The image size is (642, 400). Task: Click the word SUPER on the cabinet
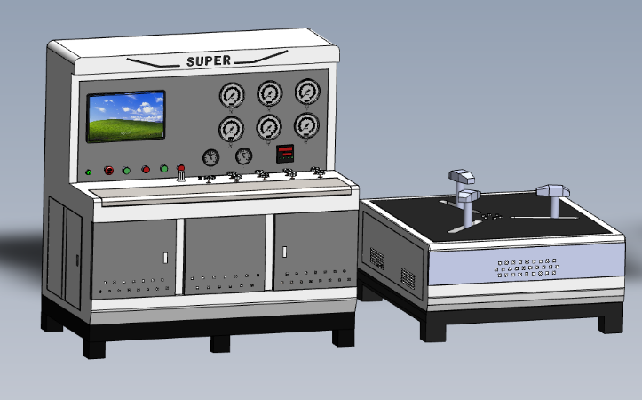pyautogui.click(x=209, y=61)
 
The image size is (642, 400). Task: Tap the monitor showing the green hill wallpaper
pyautogui.click(x=126, y=116)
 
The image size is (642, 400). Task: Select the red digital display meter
pyautogui.click(x=285, y=154)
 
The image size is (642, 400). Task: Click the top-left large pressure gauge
pyautogui.click(x=232, y=95)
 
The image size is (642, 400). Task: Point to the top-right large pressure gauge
pyautogui.click(x=307, y=92)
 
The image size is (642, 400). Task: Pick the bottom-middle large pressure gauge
pyautogui.click(x=269, y=127)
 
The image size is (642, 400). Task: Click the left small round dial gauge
pyautogui.click(x=210, y=158)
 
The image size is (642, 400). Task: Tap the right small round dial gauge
pyautogui.click(x=243, y=156)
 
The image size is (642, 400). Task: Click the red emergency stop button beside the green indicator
pyautogui.click(x=109, y=171)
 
